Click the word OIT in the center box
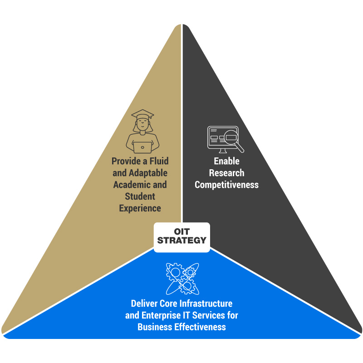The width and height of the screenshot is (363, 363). pos(181,231)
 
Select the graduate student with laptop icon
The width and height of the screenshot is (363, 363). pos(142,132)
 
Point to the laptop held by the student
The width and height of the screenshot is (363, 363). pos(143,147)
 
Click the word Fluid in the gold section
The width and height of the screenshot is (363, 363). pos(158,161)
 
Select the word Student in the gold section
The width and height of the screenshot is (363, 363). pos(140,196)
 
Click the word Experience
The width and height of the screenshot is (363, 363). pos(140,208)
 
